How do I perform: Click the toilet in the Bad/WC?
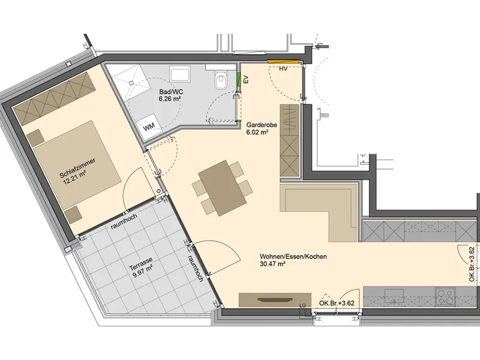(221, 80)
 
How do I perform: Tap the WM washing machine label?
(149, 126)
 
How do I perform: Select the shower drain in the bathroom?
(131, 83)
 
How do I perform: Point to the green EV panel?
(239, 79)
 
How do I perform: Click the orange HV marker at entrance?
(283, 62)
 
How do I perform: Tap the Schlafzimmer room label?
(78, 168)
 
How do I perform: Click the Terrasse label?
(140, 264)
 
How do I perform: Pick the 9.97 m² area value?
(143, 271)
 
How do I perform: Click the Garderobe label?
(262, 125)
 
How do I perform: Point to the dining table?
(222, 188)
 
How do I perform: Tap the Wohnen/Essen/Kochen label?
(293, 257)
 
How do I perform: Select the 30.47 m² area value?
(272, 264)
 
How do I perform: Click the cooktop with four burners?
(445, 296)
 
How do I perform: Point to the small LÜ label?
(303, 305)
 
